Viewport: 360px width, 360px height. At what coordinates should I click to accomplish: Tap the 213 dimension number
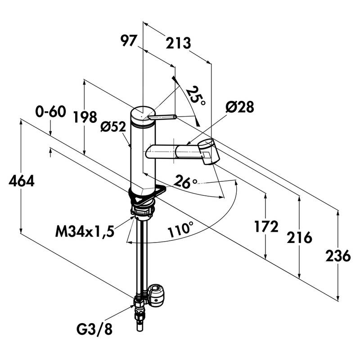click(179, 43)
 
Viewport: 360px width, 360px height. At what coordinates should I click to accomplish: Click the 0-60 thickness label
click(51, 111)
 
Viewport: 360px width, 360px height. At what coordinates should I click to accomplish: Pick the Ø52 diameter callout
click(112, 127)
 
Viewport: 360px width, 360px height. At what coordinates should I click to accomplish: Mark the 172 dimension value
click(266, 226)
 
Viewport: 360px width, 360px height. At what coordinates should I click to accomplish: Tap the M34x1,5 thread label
click(85, 232)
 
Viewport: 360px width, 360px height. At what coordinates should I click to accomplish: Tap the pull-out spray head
click(207, 151)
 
